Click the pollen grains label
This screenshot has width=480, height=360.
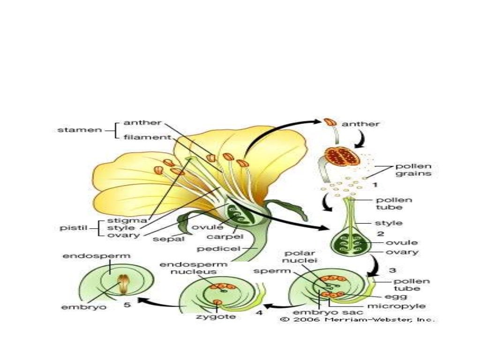click(x=413, y=170)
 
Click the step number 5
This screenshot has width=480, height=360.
click(x=127, y=305)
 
